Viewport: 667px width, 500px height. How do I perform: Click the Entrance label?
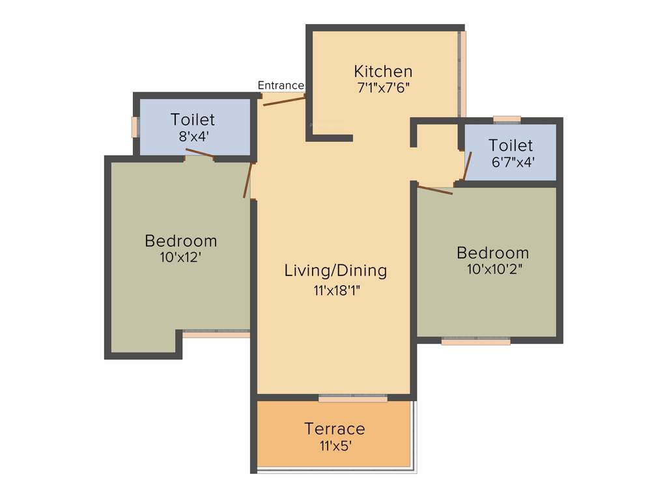[x=280, y=85]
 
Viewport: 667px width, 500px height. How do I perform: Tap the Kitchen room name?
[x=383, y=71]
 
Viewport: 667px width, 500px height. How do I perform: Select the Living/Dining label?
[x=335, y=270]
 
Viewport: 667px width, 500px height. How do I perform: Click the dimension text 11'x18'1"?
[x=336, y=290]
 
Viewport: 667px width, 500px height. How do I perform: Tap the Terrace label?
[x=335, y=429]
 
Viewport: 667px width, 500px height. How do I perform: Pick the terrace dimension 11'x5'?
[x=335, y=446]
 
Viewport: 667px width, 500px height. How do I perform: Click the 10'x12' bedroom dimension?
[x=180, y=257]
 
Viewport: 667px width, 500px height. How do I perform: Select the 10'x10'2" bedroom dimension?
[x=494, y=269]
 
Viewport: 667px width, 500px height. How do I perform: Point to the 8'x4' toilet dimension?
[x=192, y=137]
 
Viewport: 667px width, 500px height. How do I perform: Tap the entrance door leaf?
[x=285, y=100]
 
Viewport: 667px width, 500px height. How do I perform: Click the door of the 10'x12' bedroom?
[x=247, y=180]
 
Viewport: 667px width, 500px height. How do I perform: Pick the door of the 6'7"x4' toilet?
[x=467, y=165]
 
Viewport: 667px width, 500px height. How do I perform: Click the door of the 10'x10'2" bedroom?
[x=435, y=190]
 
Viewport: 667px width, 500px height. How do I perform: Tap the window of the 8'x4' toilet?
[x=135, y=127]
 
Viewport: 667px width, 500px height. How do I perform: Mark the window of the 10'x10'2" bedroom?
[x=475, y=340]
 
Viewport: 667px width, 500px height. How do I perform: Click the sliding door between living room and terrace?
[x=352, y=398]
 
